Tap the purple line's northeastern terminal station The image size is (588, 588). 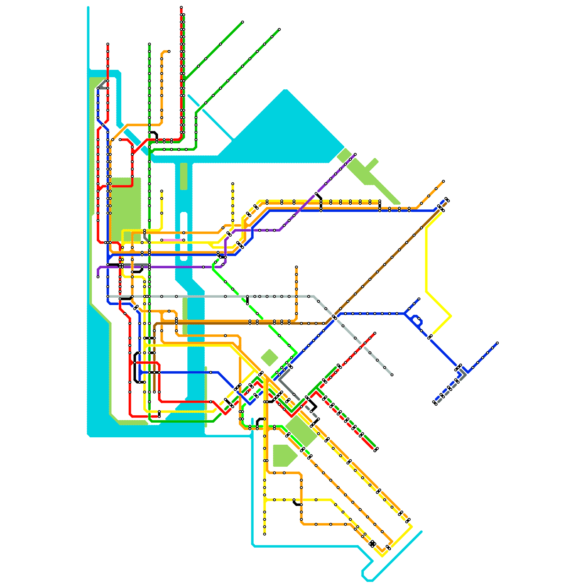tap(355, 154)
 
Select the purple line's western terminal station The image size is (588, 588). tap(98, 277)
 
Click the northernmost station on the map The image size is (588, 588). tap(181, 7)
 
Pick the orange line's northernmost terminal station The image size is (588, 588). tap(169, 51)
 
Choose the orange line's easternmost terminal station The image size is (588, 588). tap(444, 181)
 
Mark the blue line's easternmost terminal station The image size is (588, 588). tap(497, 343)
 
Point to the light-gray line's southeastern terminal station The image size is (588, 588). tap(392, 375)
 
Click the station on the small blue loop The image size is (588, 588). tap(419, 319)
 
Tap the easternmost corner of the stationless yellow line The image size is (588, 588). tap(451, 316)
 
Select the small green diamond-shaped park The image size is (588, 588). tap(269, 358)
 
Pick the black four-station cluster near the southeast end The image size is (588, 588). tap(372, 544)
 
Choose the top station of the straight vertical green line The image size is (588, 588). tap(150, 44)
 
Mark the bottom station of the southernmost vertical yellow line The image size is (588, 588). tap(265, 534)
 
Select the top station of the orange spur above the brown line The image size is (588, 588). tap(296, 267)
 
